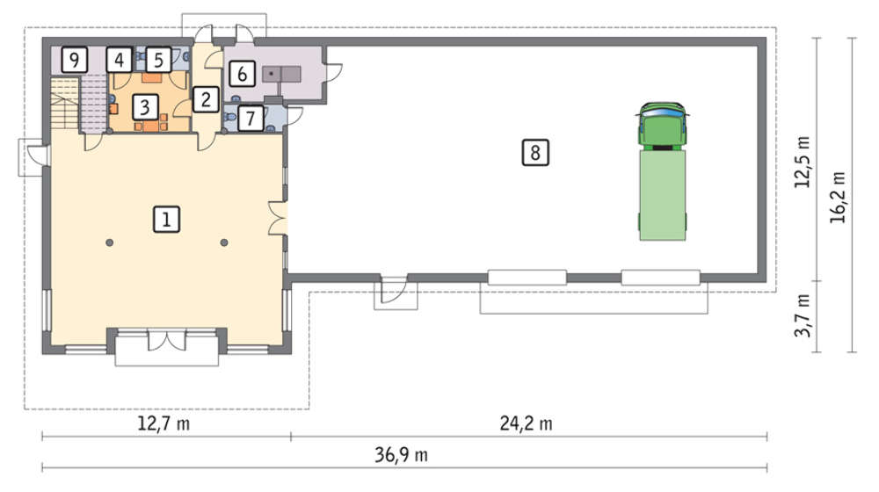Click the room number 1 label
click(166, 219)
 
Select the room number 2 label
click(206, 99)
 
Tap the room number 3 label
click(145, 106)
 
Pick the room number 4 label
click(119, 59)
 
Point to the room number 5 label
click(158, 60)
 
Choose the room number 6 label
click(243, 73)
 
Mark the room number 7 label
click(251, 119)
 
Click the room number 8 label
click(535, 152)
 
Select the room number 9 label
click(75, 59)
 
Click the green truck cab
click(662, 127)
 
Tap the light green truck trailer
click(663, 195)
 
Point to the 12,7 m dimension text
click(163, 423)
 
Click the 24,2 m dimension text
click(526, 423)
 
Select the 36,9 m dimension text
click(402, 454)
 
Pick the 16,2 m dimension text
click(838, 198)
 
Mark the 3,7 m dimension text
click(803, 315)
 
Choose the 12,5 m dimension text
click(803, 162)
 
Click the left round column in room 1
click(110, 242)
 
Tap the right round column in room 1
click(224, 242)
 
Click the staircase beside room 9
click(65, 105)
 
